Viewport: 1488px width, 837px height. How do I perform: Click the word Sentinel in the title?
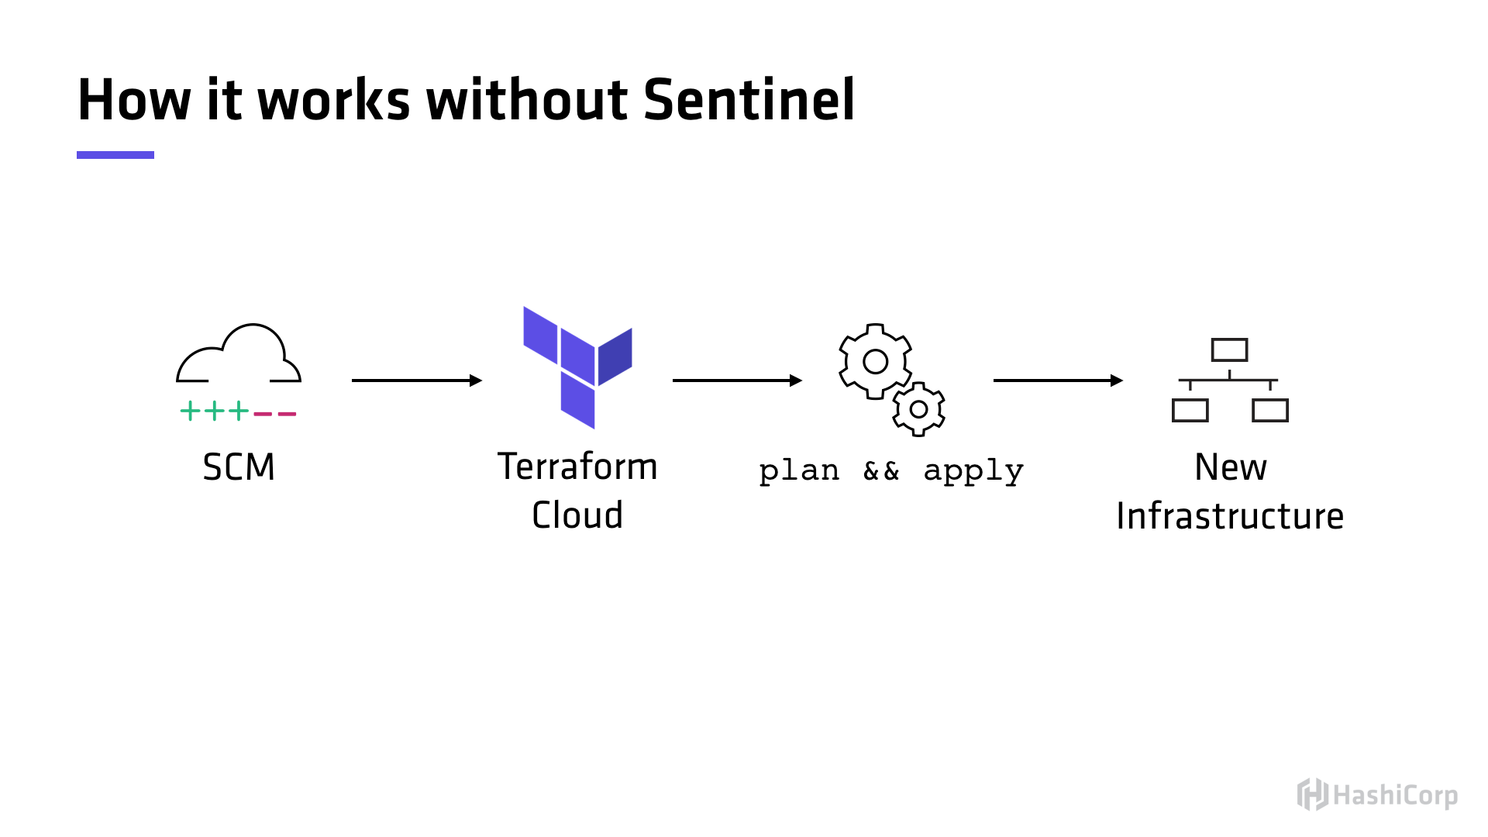749,101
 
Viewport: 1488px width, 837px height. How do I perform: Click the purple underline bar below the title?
115,155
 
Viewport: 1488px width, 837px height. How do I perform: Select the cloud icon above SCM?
239,355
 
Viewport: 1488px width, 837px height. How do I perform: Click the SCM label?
239,467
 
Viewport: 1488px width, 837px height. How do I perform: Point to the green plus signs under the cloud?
215,411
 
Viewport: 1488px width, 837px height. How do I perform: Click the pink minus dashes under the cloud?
275,414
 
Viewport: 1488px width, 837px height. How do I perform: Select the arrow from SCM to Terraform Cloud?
416,381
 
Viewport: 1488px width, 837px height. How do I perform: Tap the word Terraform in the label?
577,467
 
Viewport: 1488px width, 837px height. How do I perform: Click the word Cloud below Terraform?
577,515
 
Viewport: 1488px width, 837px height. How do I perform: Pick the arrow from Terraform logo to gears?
737,381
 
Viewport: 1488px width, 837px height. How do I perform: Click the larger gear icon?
875,361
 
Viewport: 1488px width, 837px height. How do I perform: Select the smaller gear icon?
918,409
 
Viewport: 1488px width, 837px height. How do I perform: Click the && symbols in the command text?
881,470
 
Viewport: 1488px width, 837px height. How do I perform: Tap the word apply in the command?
973,470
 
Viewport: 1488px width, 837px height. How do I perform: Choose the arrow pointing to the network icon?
1058,381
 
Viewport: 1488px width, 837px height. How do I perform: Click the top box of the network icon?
1229,350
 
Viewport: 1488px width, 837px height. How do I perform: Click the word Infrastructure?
1230,516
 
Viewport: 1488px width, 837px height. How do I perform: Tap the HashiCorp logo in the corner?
1377,795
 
